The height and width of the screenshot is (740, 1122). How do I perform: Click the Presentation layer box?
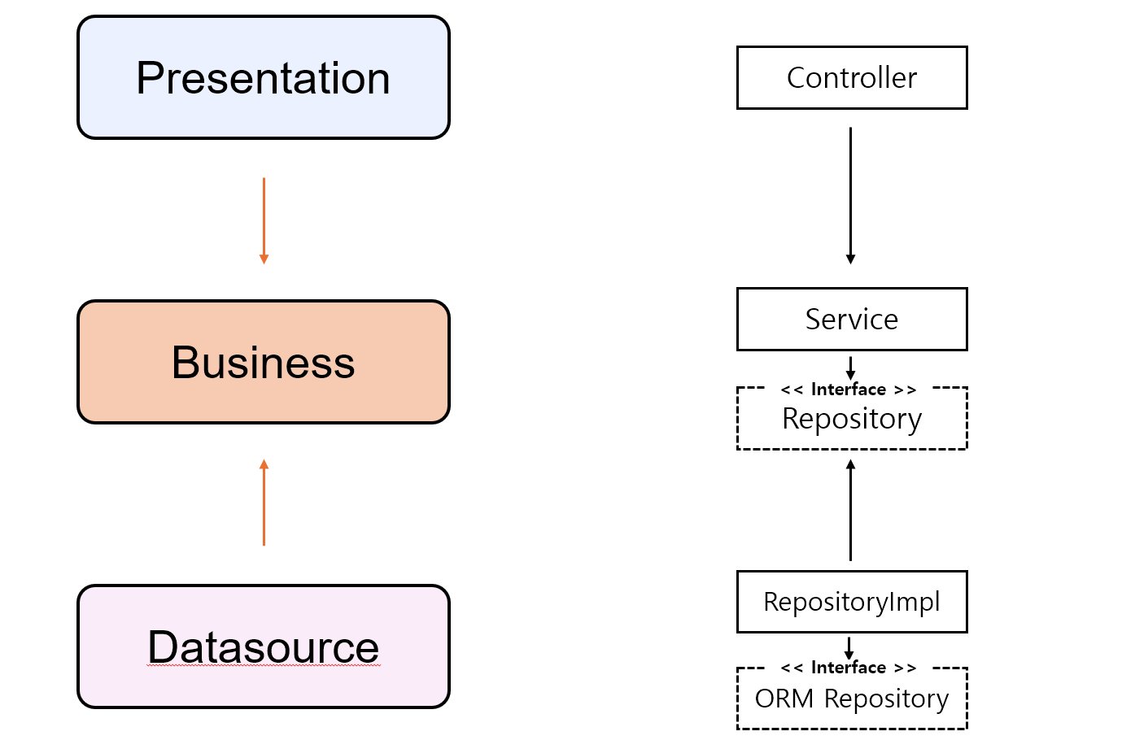click(x=264, y=77)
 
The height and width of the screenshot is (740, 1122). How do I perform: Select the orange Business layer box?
click(x=264, y=362)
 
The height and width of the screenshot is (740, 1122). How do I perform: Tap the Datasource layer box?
click(x=264, y=646)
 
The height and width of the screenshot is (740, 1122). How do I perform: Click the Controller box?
click(x=852, y=77)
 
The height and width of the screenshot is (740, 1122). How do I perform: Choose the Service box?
click(x=852, y=319)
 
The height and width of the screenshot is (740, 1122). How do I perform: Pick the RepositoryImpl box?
click(x=852, y=602)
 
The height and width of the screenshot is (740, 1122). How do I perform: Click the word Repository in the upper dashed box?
click(x=852, y=419)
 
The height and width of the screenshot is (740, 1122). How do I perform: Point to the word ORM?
click(x=784, y=699)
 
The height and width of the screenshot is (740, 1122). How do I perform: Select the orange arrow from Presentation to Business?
click(x=264, y=221)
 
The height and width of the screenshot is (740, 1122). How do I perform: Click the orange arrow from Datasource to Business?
click(x=264, y=503)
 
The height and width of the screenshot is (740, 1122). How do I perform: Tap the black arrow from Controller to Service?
click(x=850, y=196)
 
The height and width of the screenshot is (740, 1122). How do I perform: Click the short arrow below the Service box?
click(x=850, y=368)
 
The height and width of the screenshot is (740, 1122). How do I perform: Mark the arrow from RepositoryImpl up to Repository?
click(x=850, y=510)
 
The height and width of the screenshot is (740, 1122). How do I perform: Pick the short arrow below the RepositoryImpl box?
click(x=849, y=648)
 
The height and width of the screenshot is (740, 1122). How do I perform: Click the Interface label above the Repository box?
click(x=849, y=390)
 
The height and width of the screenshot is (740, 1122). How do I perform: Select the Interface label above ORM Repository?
click(x=849, y=668)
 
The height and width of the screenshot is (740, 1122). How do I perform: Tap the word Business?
click(x=264, y=363)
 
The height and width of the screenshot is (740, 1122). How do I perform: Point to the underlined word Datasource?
click(x=264, y=646)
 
